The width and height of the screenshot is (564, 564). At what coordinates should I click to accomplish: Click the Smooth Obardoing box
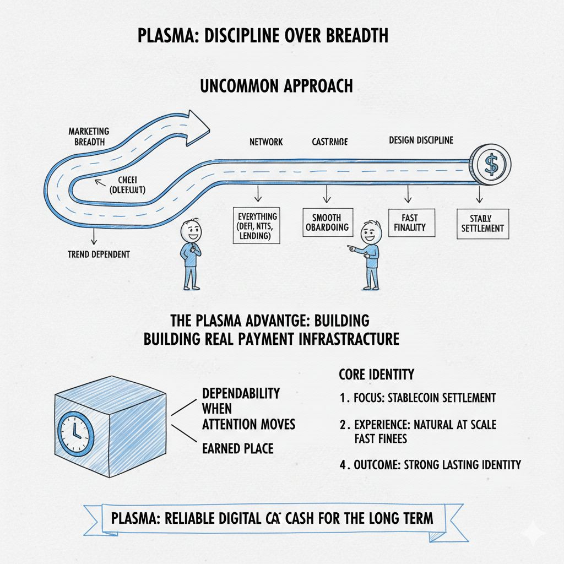pyautogui.click(x=327, y=223)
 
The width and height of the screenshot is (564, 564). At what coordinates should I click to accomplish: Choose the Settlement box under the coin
pyautogui.click(x=480, y=223)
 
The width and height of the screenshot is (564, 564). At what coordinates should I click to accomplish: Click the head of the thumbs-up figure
pyautogui.click(x=191, y=231)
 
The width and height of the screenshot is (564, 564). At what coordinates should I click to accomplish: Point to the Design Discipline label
pyautogui.click(x=421, y=140)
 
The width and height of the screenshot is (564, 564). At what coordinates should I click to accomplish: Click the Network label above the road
pyautogui.click(x=266, y=142)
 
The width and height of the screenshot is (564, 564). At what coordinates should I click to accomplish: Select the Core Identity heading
pyautogui.click(x=376, y=375)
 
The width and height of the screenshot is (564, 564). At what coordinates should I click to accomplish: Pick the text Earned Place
pyautogui.click(x=237, y=448)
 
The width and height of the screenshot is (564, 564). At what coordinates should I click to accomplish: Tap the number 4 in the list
pyautogui.click(x=343, y=465)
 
